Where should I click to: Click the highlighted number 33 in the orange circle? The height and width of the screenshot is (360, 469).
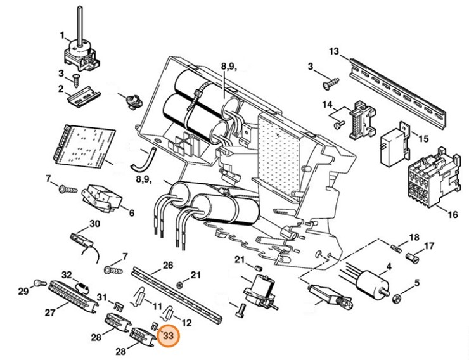click(168, 337)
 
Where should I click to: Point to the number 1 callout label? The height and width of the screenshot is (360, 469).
click(62, 34)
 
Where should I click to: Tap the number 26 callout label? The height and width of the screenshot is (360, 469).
click(168, 264)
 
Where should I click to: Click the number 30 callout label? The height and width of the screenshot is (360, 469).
click(94, 223)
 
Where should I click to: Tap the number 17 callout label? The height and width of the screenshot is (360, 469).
click(430, 246)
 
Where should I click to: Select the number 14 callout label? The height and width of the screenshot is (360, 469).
click(328, 105)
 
